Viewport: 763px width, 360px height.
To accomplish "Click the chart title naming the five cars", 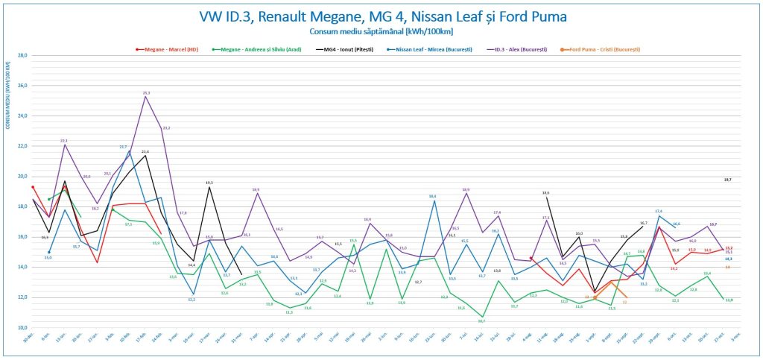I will [381, 16].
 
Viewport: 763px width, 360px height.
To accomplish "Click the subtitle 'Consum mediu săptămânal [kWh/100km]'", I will [381, 31].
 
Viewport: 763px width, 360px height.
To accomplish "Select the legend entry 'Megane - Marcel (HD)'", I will [166, 49].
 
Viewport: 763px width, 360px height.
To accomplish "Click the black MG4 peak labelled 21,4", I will [145, 156].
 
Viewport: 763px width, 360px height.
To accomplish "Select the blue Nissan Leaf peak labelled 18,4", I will [433, 200].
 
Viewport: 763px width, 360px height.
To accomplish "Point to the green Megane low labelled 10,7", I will [481, 317].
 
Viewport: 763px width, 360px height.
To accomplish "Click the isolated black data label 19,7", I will [727, 180].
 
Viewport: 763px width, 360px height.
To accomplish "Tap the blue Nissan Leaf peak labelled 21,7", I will [129, 151].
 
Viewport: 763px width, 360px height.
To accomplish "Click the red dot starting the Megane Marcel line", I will [33, 187].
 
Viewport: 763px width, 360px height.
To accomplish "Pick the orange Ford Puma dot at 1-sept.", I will [595, 297].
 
